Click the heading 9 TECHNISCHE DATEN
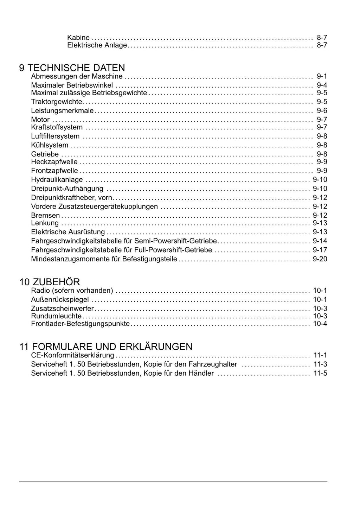(x=72, y=68)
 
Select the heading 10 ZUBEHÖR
(x=50, y=282)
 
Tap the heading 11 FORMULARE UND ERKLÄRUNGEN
(x=106, y=346)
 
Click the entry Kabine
(x=78, y=37)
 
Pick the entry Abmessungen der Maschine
(x=77, y=76)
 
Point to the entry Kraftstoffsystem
(x=57, y=127)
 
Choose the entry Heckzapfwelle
(x=54, y=162)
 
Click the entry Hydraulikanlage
(x=57, y=180)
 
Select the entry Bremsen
(x=45, y=215)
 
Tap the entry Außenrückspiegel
(x=60, y=300)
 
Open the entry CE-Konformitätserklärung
(x=72, y=355)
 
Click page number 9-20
(x=320, y=259)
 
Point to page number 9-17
(x=320, y=250)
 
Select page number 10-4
(x=320, y=324)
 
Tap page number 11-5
(x=320, y=373)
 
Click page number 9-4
(x=322, y=85)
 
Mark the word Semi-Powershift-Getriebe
(x=176, y=241)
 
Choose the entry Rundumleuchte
(x=56, y=316)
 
